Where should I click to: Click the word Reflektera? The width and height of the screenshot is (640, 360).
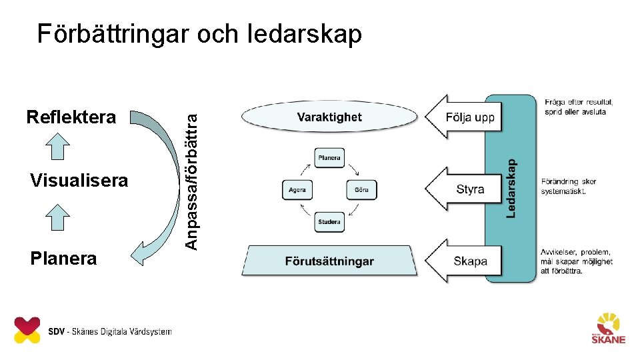[x=71, y=118]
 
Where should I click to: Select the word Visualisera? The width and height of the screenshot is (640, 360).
[x=79, y=181]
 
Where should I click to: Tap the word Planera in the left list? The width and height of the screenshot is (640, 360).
[x=63, y=259]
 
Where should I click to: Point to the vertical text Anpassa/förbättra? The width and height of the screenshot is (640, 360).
[x=191, y=180]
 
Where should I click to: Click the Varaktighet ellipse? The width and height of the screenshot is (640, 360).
[x=329, y=117]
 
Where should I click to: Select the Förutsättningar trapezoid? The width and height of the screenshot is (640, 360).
[x=329, y=261]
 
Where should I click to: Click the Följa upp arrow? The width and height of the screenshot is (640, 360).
[x=463, y=117]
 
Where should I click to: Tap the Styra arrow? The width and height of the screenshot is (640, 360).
[x=463, y=189]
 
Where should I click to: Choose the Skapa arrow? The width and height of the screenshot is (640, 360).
[x=463, y=261]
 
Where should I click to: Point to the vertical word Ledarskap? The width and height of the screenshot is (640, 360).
[x=511, y=187]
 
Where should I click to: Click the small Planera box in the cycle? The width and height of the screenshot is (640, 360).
[x=329, y=158]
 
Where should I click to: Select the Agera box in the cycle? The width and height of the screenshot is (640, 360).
[x=297, y=190]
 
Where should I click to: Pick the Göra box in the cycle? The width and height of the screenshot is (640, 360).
[x=361, y=190]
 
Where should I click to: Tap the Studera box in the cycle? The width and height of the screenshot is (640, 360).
[x=329, y=222]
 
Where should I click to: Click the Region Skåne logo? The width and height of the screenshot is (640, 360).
[x=609, y=328]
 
